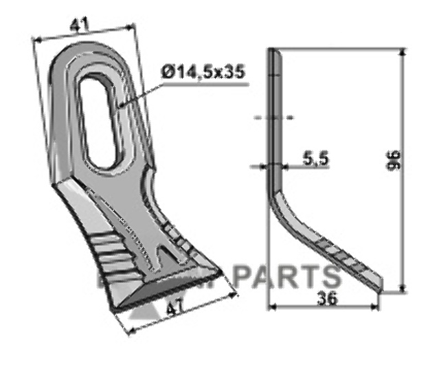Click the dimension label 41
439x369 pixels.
(80, 26)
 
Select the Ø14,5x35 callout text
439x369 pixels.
(205, 72)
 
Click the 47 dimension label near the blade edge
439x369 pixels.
(177, 310)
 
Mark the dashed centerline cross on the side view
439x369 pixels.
(274, 118)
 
